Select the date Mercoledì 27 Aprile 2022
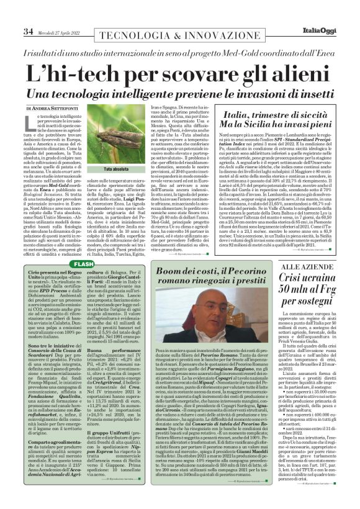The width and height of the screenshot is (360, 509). point(47,14)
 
